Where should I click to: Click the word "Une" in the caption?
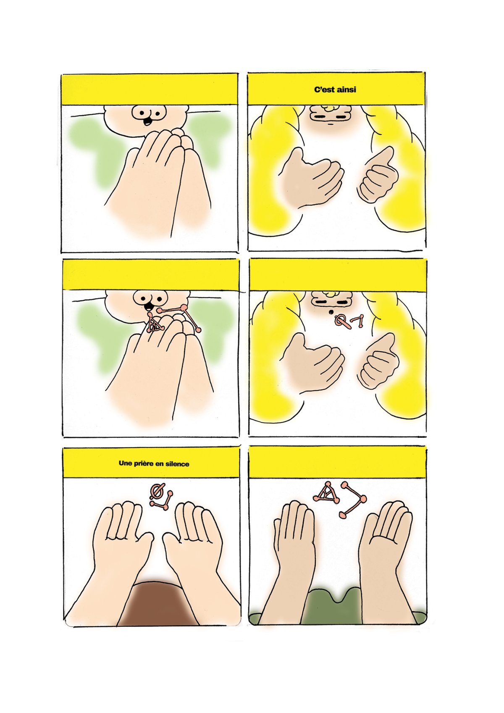pos(125,464)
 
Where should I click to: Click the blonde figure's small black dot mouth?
pos(331,312)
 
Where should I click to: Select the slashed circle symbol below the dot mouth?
pos(344,322)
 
